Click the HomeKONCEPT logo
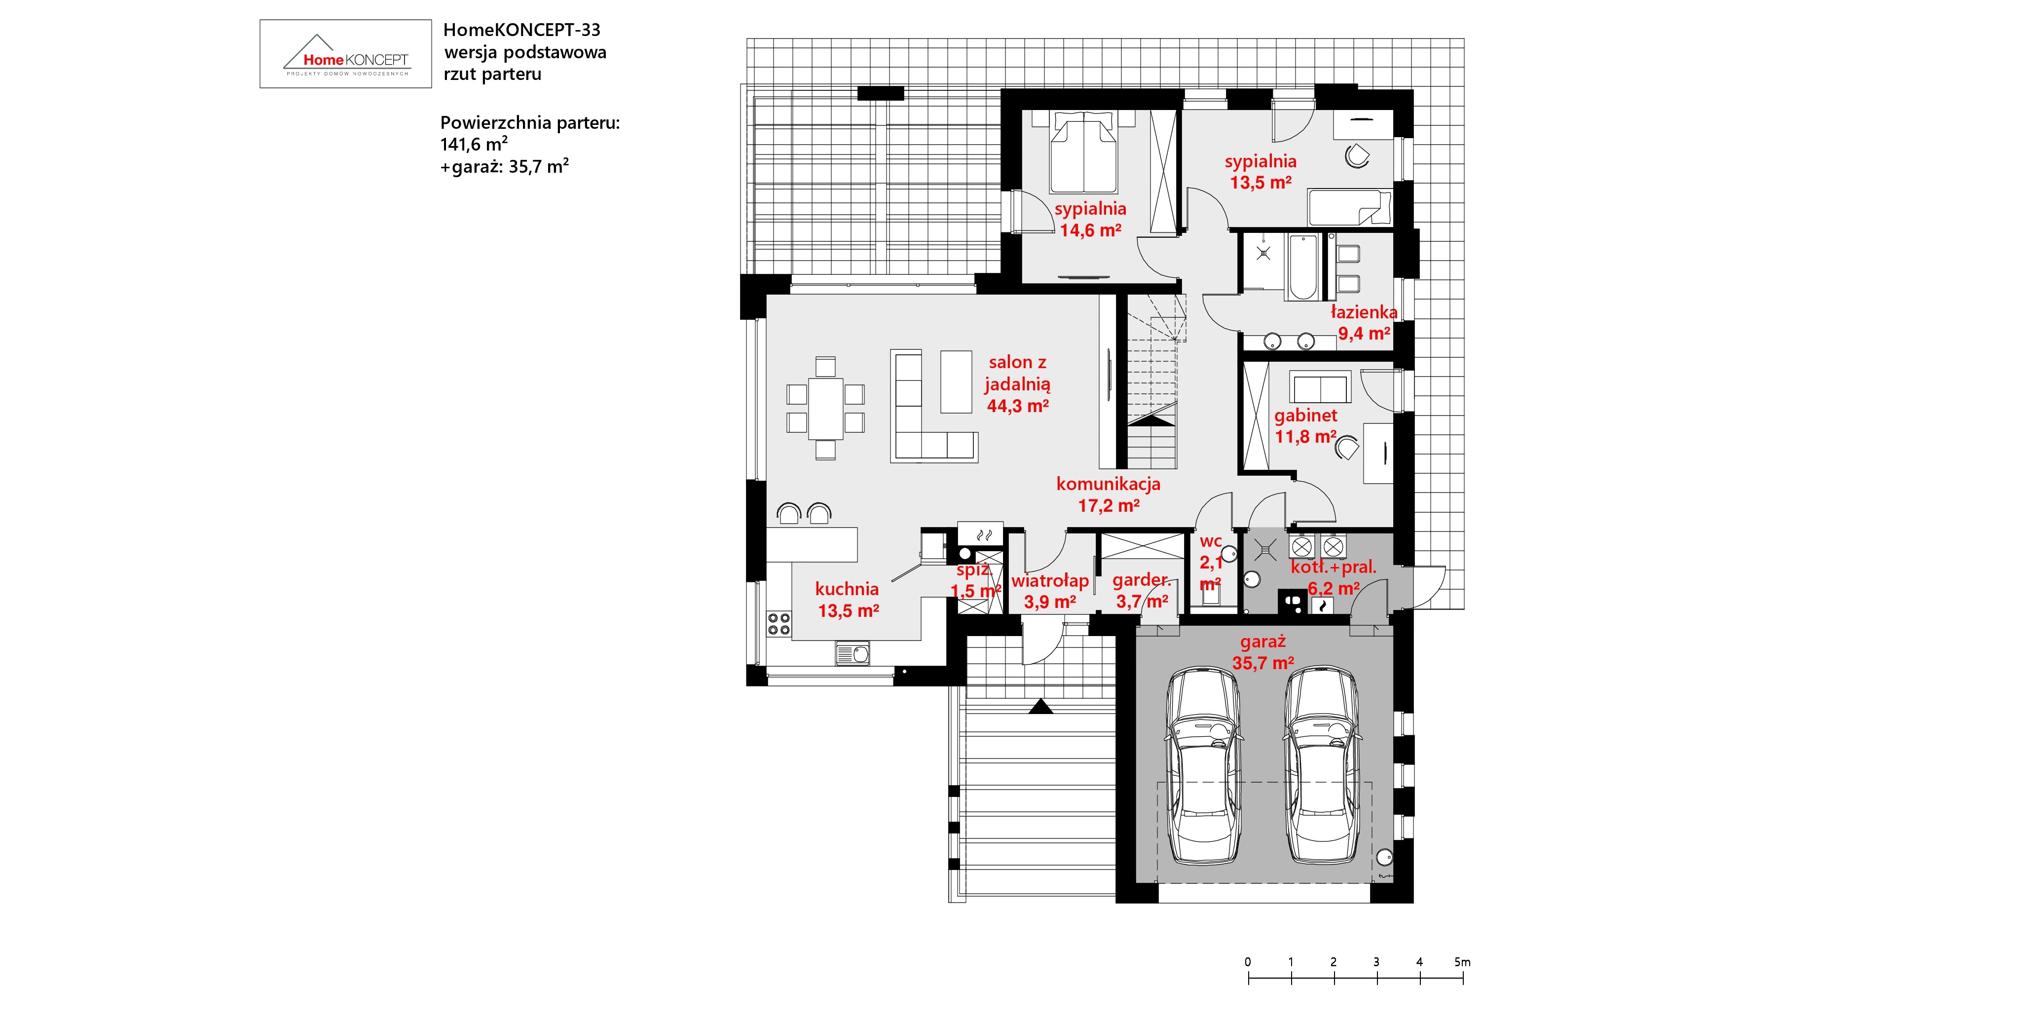point(346,54)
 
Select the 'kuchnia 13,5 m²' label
point(848,600)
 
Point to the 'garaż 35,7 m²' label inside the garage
point(1263,652)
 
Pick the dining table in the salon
point(825,408)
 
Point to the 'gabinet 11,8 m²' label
point(1306,426)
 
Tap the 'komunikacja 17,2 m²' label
point(1109,494)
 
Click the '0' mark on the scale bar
point(1248,962)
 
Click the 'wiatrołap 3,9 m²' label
point(1050,591)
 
